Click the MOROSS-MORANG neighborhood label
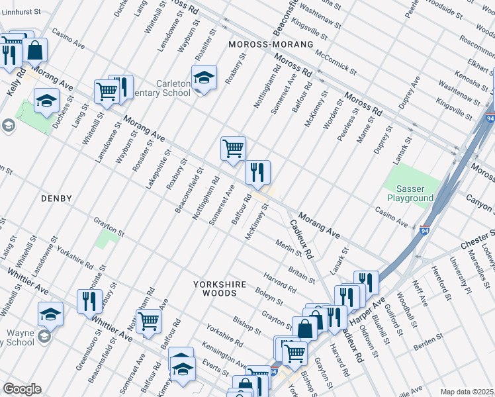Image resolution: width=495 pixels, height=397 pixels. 269,44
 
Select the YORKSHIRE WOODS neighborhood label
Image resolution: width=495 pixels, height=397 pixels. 220,288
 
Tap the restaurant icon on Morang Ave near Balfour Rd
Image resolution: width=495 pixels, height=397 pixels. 257,173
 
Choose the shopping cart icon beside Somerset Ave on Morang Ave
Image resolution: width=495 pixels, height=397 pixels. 233,149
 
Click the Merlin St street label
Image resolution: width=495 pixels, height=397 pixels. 289,249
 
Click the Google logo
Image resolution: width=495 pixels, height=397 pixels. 22,388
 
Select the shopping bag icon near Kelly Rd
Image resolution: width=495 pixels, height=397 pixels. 34,50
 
